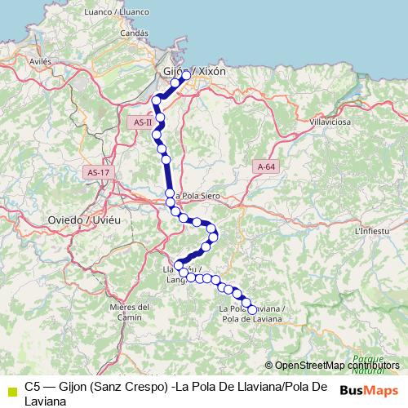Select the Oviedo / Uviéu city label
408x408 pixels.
(x=84, y=220)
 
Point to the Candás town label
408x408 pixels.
(x=134, y=33)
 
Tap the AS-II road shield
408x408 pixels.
(x=141, y=122)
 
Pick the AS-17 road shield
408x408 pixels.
(x=97, y=172)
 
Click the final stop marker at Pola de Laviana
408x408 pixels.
(x=252, y=309)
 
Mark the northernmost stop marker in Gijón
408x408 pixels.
(x=186, y=75)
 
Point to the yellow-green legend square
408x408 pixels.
(x=11, y=390)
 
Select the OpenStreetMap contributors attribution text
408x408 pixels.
(x=337, y=366)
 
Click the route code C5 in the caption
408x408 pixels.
(x=33, y=386)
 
